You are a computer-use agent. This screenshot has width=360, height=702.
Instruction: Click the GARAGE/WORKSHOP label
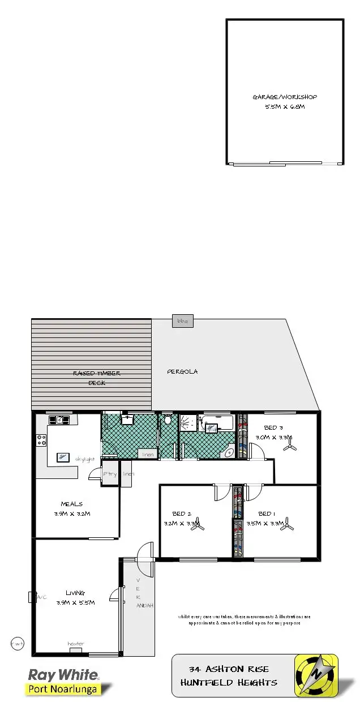click(x=285, y=97)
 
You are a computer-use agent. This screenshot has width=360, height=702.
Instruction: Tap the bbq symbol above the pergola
click(x=183, y=321)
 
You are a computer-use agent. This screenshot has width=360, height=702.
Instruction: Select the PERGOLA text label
click(x=182, y=372)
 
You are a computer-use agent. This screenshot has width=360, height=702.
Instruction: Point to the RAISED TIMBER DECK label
click(x=97, y=378)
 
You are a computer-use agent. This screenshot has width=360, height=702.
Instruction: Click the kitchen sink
click(x=59, y=420)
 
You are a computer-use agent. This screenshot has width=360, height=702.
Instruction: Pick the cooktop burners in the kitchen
click(x=41, y=439)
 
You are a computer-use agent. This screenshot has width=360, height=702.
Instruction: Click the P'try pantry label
click(x=110, y=474)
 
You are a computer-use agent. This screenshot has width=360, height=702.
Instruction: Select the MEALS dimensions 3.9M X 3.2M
click(x=72, y=514)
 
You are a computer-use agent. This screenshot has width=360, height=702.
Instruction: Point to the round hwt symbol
click(x=17, y=643)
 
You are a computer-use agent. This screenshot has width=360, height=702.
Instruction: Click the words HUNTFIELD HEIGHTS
click(x=229, y=683)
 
